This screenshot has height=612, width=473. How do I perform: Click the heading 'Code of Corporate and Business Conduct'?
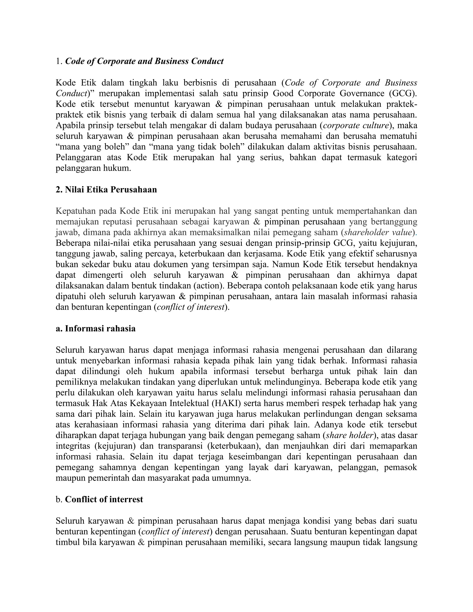pyautogui.click(x=144, y=61)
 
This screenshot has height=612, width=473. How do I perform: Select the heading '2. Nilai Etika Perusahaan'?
pyautogui.click(x=106, y=190)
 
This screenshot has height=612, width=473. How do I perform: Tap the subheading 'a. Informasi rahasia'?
pyautogui.click(x=96, y=328)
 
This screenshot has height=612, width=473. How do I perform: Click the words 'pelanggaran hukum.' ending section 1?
pyautogui.click(x=93, y=168)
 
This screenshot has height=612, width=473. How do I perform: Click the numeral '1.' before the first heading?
pyautogui.click(x=59, y=61)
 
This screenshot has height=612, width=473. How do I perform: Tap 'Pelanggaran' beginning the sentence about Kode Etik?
pyautogui.click(x=79, y=158)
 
